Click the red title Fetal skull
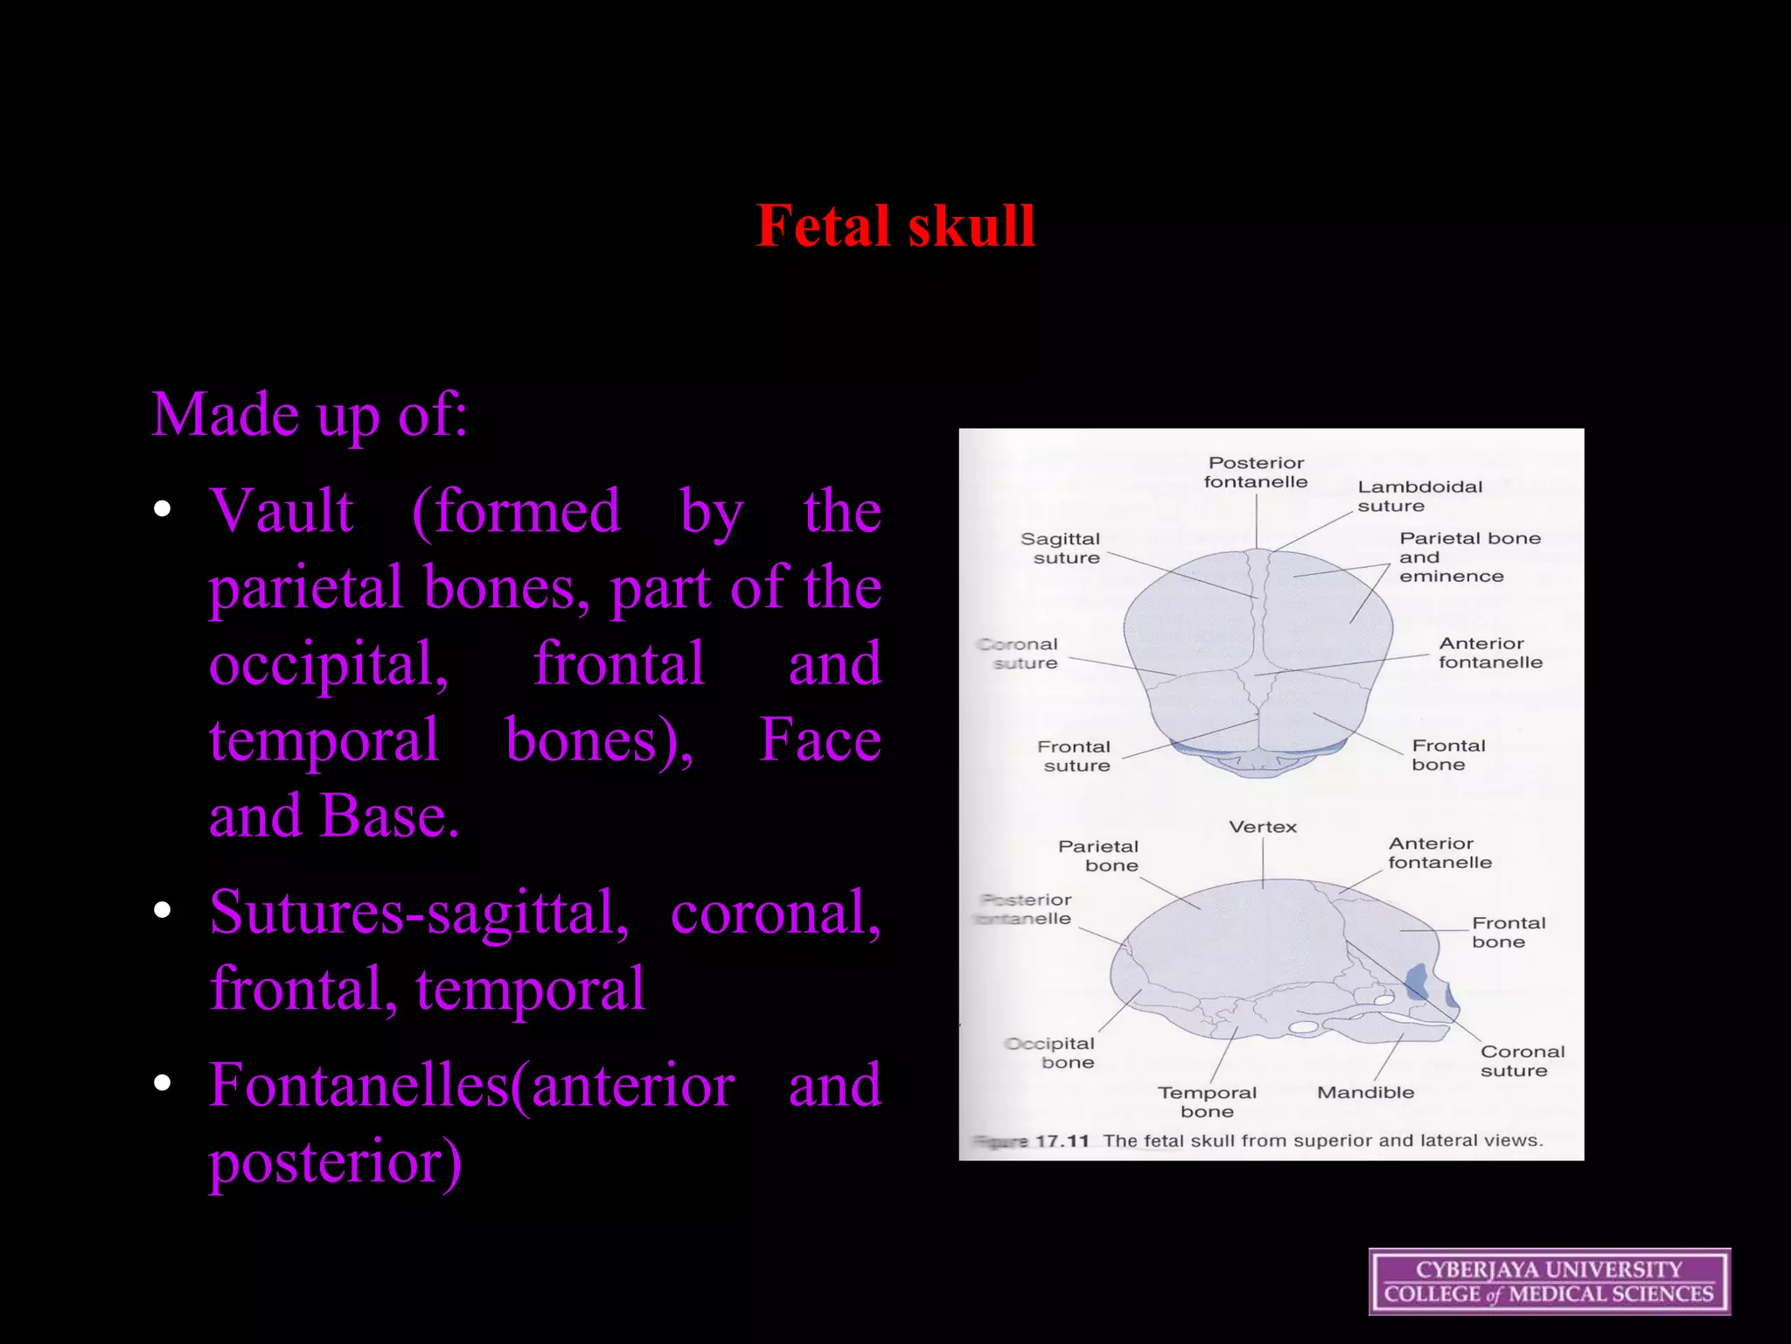coord(895,226)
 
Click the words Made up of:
coord(310,414)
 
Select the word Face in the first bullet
coord(819,740)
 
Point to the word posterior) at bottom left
coord(335,1162)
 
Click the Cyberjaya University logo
coord(1549,1281)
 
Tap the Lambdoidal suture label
coord(1418,496)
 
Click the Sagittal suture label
coord(1062,549)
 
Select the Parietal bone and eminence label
coord(1468,557)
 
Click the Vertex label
coord(1263,827)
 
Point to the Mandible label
coord(1365,1093)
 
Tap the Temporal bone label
coord(1207,1102)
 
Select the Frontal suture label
coord(1075,756)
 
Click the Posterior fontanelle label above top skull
coord(1256,472)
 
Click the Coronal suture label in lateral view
coord(1522,1061)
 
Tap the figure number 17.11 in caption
coord(1062,1141)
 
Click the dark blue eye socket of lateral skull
coord(1417,982)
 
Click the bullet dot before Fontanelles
coord(162,1083)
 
